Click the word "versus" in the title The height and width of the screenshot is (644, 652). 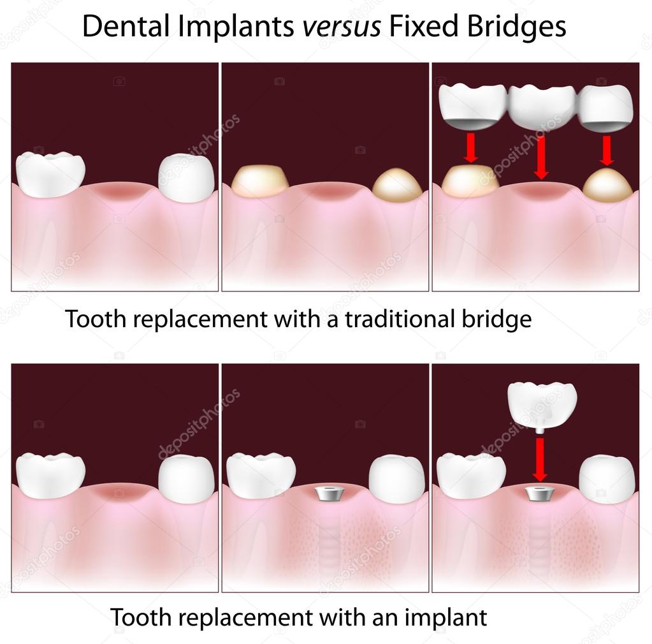click(x=341, y=26)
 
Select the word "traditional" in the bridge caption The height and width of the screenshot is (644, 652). click(x=399, y=319)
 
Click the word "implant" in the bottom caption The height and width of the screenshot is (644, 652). click(x=446, y=618)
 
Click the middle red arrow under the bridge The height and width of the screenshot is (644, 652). click(x=540, y=158)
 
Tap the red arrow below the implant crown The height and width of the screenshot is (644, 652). click(x=539, y=460)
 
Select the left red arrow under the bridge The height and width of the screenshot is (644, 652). click(x=470, y=148)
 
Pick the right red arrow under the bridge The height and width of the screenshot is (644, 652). click(x=606, y=150)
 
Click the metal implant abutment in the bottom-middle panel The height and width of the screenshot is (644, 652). click(x=326, y=494)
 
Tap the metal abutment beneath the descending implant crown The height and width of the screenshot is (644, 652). click(x=539, y=494)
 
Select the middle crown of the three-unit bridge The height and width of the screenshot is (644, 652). click(x=542, y=107)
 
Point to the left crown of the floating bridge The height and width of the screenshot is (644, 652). click(x=473, y=106)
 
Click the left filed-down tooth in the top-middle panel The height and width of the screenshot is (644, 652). click(x=260, y=180)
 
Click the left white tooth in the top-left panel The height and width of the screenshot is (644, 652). click(x=50, y=174)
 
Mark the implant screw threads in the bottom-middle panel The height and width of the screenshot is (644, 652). click(x=328, y=538)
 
